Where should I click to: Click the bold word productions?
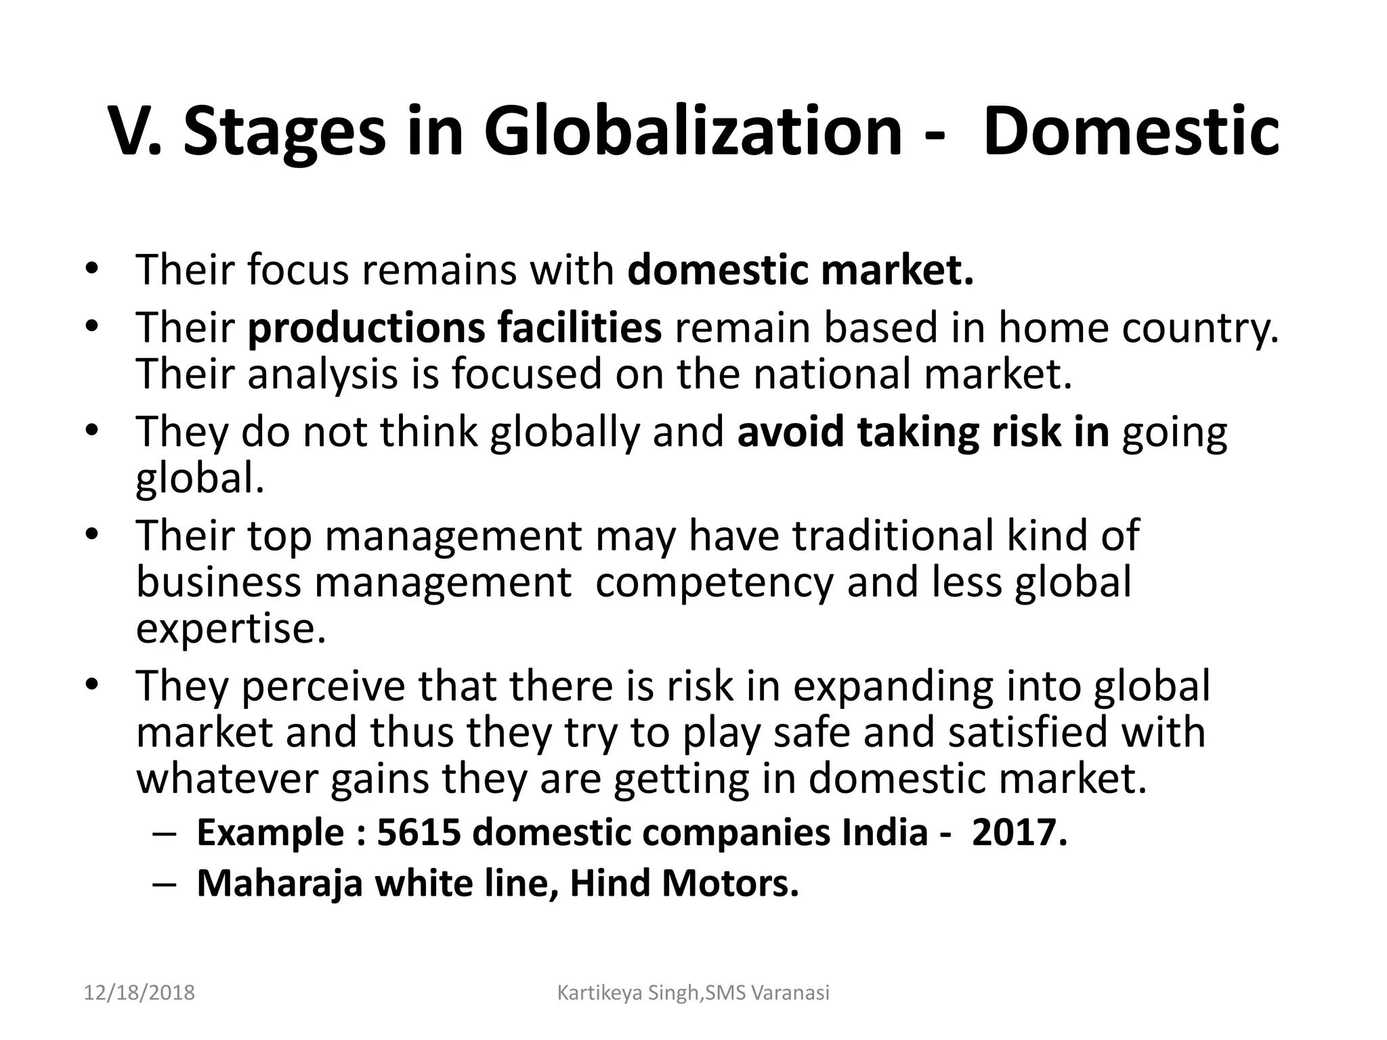click(366, 328)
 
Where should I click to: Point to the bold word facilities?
click(579, 328)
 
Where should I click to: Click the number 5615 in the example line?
click(417, 832)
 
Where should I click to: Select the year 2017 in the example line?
click(1019, 832)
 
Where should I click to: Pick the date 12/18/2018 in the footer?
click(140, 993)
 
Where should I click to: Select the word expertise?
click(231, 628)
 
